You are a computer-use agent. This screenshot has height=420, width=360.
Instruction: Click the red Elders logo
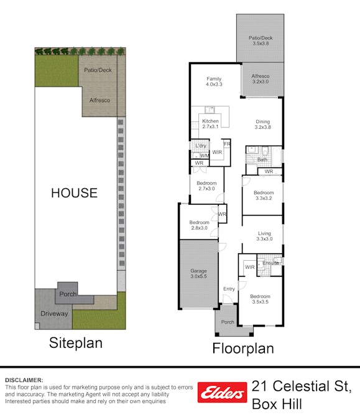pos(222,393)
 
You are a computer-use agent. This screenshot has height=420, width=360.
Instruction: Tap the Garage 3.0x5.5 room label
pos(198,274)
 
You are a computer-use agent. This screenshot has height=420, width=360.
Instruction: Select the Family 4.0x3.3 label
pos(214,82)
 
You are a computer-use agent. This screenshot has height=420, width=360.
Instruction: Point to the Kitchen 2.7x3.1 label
pos(210,124)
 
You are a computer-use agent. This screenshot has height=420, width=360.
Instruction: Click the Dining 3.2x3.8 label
pos(263,124)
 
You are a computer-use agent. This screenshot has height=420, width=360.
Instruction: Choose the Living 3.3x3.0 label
pos(264,236)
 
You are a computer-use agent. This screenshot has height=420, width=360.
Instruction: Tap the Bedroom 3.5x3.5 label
pos(260,299)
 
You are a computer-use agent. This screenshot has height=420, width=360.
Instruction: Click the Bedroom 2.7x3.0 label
pos(206,185)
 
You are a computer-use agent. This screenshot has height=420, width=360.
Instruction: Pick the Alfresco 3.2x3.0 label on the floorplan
pos(261,79)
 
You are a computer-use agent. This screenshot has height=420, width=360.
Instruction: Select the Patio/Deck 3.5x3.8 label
pos(261,40)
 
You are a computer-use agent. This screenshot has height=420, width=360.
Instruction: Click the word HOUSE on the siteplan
pos(75,193)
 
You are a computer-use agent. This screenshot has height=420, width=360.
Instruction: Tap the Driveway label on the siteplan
pos(54,314)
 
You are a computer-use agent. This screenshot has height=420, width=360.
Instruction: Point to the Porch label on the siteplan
pos(68,294)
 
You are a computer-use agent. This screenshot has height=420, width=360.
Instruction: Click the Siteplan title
pos(76,343)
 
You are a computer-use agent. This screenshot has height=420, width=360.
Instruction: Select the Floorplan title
pos(243,348)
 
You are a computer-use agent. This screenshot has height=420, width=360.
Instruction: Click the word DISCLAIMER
pos(24,380)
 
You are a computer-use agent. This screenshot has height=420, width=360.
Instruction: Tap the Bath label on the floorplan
pos(262,160)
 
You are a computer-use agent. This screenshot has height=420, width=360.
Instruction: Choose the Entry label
pos(229,289)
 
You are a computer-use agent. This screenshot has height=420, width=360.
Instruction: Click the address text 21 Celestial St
pos(302,386)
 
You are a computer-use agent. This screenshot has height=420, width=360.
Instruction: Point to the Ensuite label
pos(270,263)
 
